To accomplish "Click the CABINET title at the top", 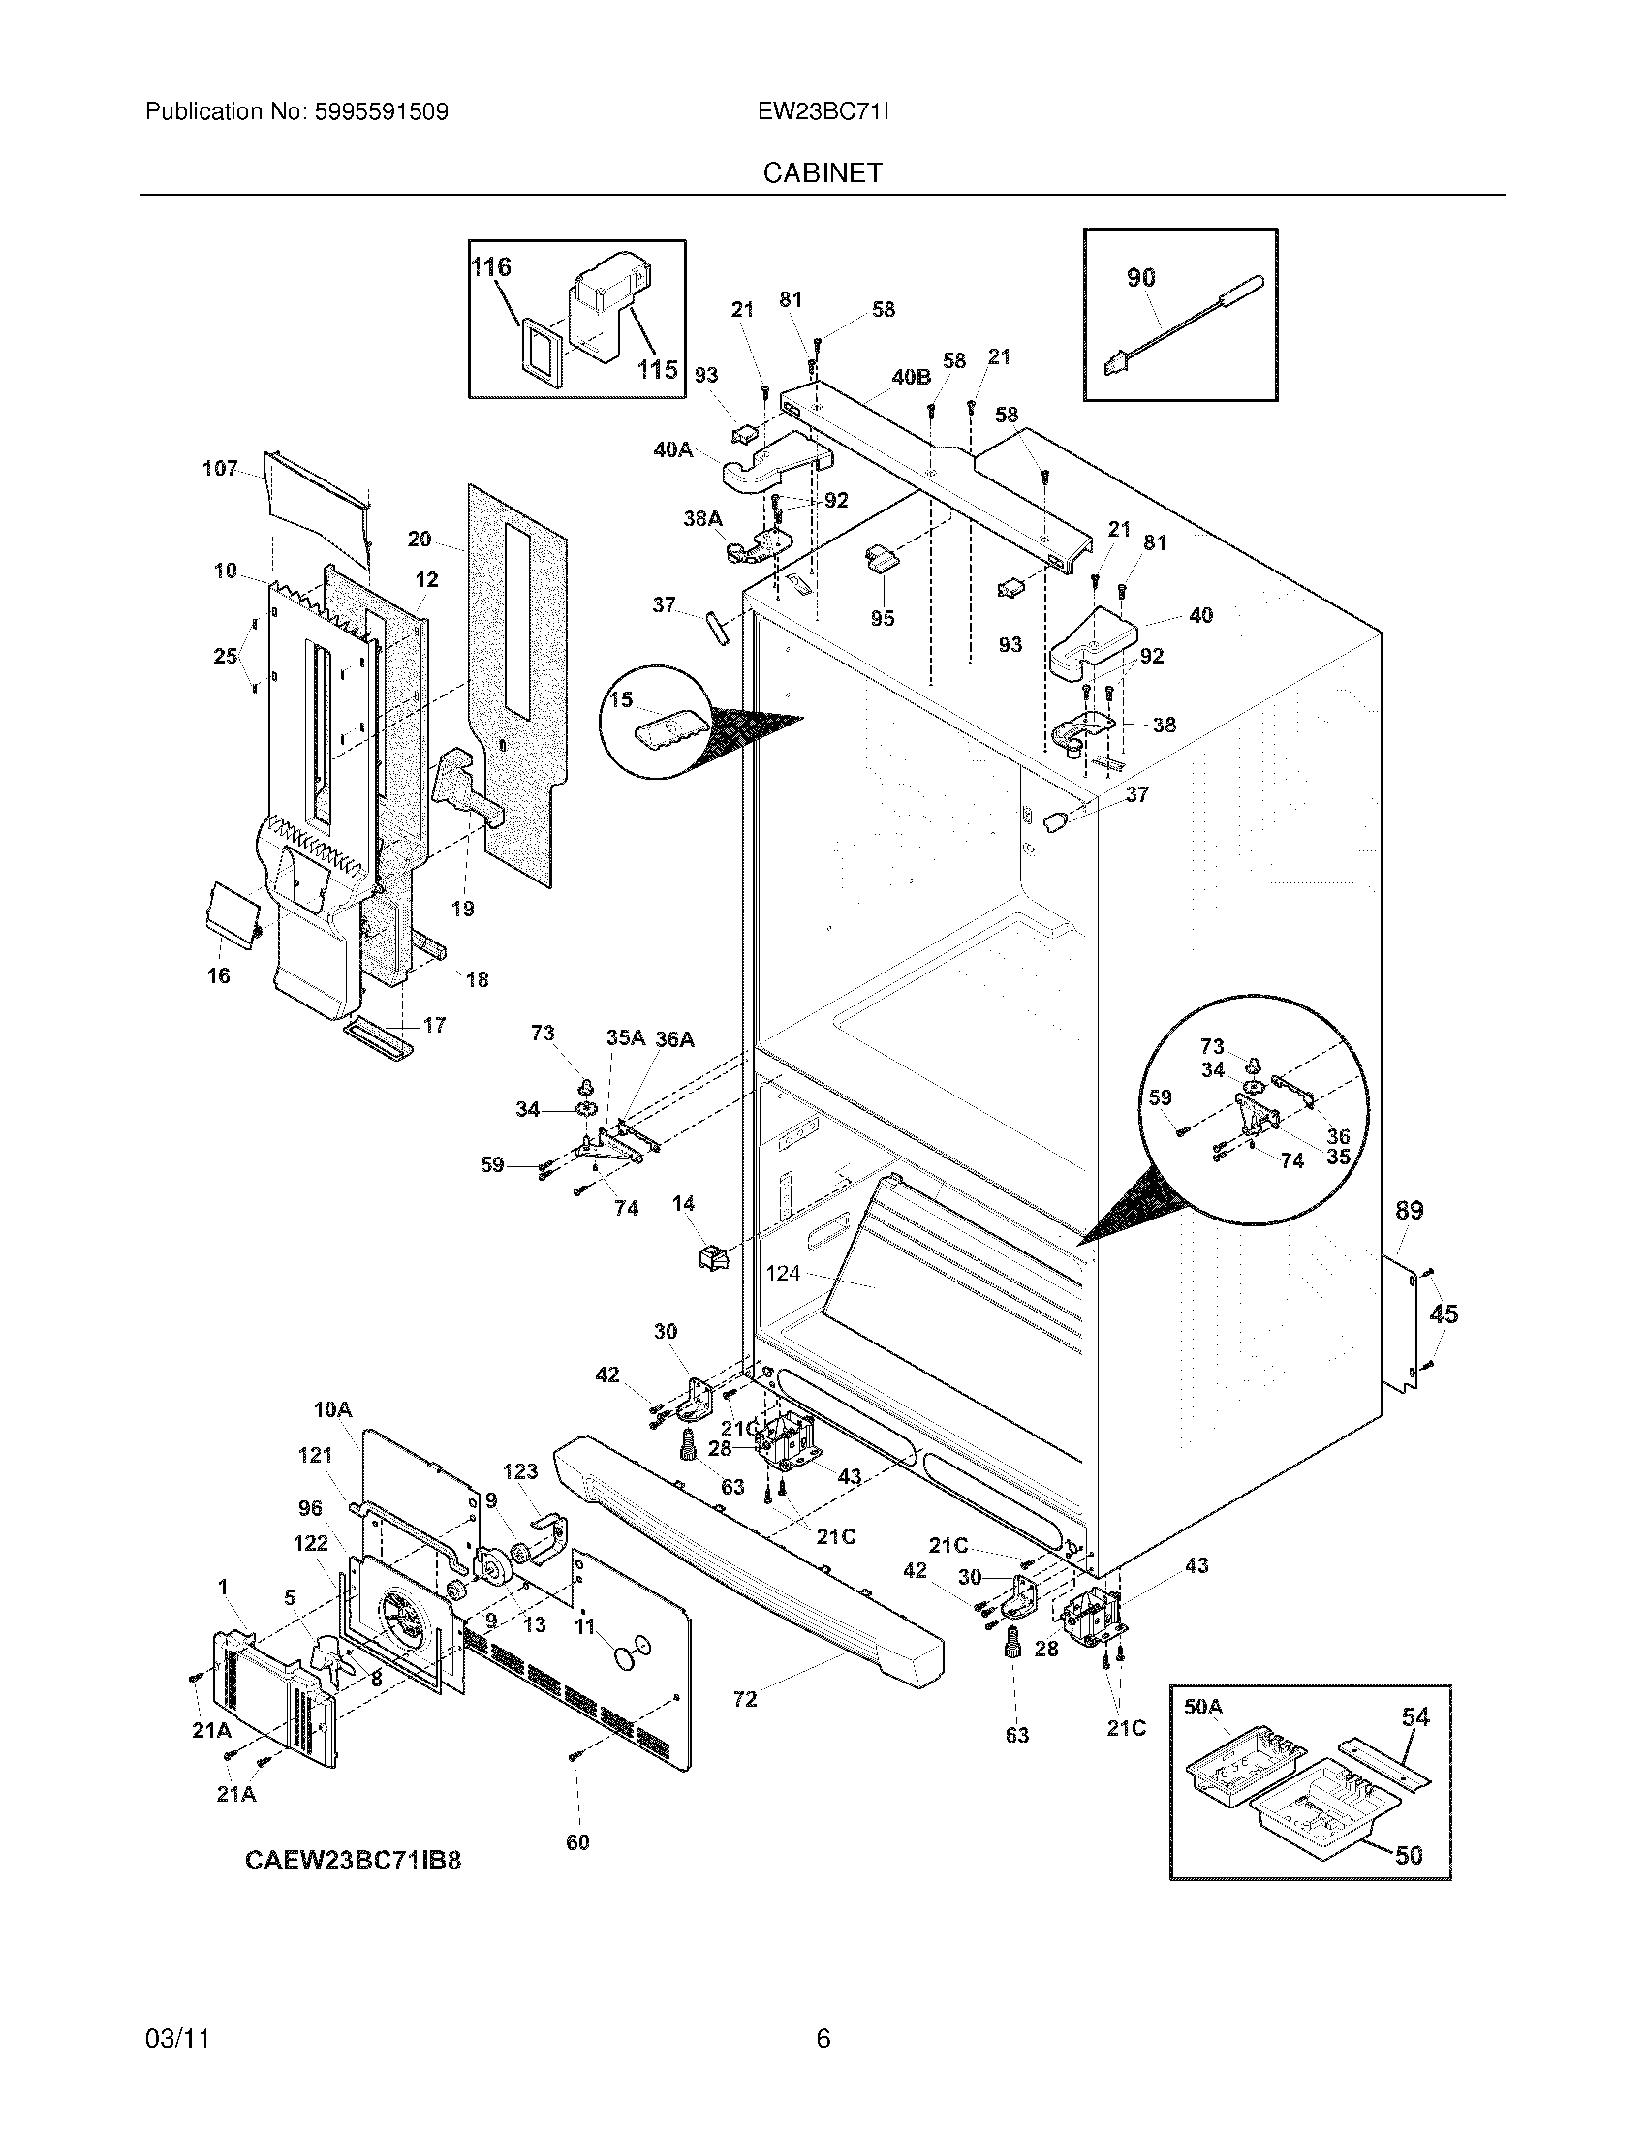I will [x=823, y=172].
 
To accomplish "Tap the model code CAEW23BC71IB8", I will [x=353, y=1860].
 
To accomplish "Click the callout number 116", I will [x=491, y=266].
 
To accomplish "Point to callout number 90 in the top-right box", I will [x=1140, y=277].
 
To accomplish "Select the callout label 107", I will [x=220, y=469].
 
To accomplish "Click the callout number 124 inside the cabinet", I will [x=783, y=1273].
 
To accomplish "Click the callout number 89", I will [x=1409, y=1210].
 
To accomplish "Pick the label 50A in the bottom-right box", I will [x=1202, y=1707].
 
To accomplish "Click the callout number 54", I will [x=1414, y=1716].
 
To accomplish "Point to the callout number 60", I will [x=577, y=1841].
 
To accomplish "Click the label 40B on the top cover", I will [x=911, y=377].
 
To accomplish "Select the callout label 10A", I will [x=331, y=1409].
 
